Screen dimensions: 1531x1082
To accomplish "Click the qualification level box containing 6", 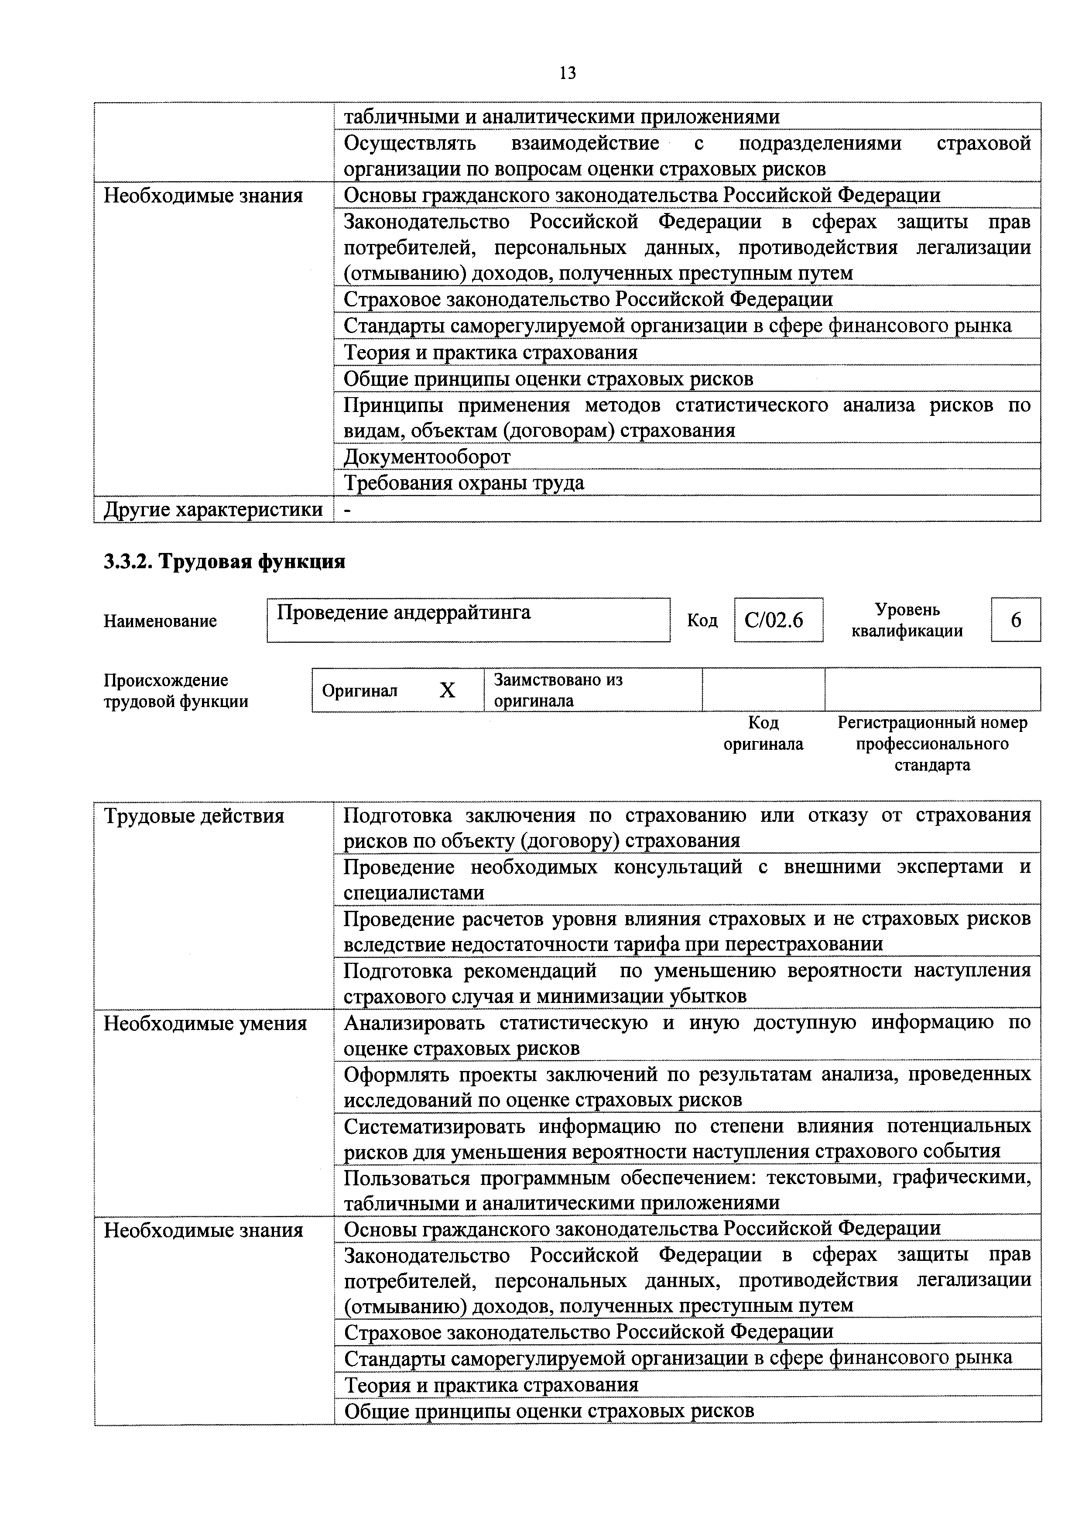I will (x=1015, y=620).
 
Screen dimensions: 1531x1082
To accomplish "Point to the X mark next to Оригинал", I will (x=447, y=690).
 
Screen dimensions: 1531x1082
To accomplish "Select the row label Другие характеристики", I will (x=212, y=509).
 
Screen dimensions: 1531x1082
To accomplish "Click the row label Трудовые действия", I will (x=194, y=816).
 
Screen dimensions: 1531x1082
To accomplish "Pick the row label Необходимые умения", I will (x=205, y=1023).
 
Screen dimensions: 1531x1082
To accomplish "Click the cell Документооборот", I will (x=427, y=457).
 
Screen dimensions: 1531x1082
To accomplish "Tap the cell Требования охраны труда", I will (x=464, y=483).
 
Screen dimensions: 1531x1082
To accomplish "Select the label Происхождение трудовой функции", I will (x=176, y=691).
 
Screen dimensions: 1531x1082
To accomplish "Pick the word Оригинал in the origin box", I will (x=360, y=691).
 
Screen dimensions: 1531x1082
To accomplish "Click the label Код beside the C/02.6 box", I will (x=702, y=621).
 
